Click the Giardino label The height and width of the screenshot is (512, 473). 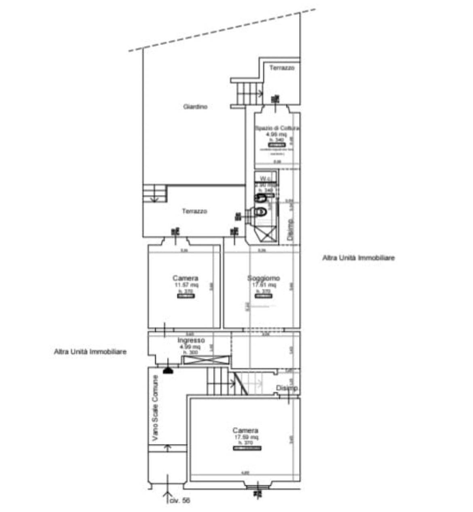coord(195,107)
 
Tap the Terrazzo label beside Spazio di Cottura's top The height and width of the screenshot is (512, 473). coord(282,68)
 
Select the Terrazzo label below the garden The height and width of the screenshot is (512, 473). coord(194,211)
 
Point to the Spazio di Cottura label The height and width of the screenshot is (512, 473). coord(277,128)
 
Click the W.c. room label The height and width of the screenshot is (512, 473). coord(266,178)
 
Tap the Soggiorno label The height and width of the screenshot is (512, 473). coord(264,278)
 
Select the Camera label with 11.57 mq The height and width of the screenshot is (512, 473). coord(186,278)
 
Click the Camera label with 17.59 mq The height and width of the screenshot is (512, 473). coord(245,430)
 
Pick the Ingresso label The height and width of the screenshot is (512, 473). coord(191,341)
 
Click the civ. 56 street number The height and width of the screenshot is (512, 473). coord(180,501)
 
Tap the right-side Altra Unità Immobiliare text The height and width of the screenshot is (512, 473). coord(358,258)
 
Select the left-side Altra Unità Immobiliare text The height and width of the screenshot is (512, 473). coord(90,352)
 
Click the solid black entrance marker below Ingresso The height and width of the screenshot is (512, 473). coord(168,370)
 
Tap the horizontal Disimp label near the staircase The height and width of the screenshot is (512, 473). coord(287,388)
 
